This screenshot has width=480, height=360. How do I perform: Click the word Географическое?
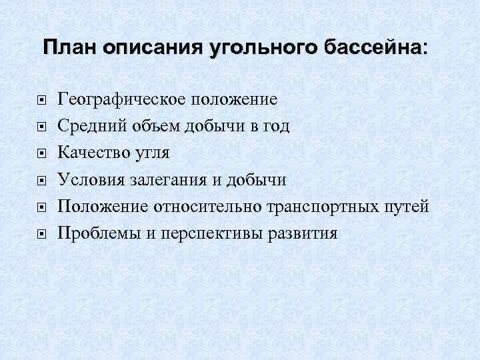point(123,101)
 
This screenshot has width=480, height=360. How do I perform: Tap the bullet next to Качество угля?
point(41,154)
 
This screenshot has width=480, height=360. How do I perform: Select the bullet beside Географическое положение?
point(41,101)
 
